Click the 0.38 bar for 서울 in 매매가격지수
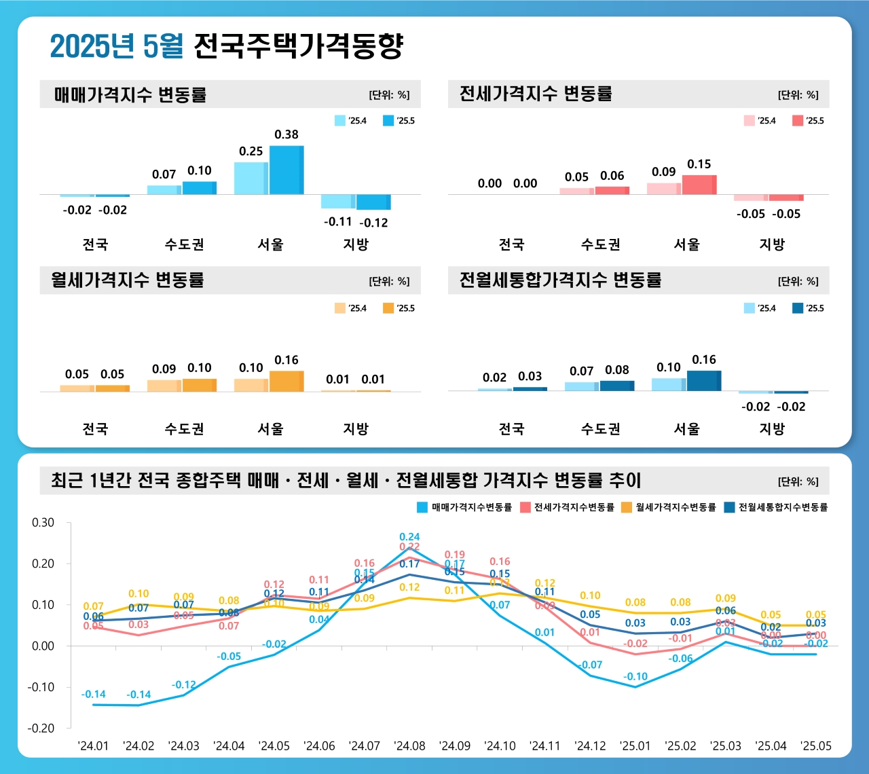click(286, 170)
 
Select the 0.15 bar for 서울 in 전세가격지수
click(699, 185)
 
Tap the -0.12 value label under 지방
click(373, 223)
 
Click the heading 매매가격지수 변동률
click(130, 94)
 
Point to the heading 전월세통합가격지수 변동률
click(560, 280)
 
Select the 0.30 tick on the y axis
click(43, 523)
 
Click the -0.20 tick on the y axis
click(41, 728)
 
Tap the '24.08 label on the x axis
click(409, 745)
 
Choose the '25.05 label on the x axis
click(815, 745)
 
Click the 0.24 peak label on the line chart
click(409, 536)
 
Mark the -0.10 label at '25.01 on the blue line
click(635, 676)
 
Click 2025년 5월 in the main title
click(116, 46)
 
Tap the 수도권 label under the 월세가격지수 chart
click(184, 429)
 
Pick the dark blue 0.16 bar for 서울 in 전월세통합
click(704, 381)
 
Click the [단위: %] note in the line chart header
click(798, 481)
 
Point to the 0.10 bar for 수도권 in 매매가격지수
click(200, 188)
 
